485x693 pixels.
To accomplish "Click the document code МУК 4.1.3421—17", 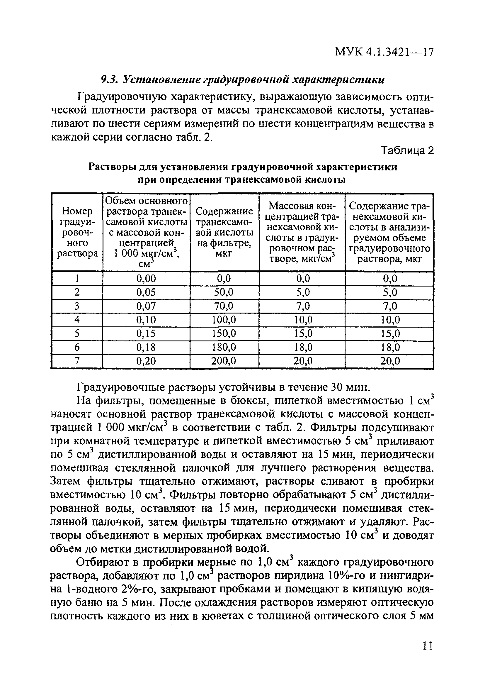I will (384, 52).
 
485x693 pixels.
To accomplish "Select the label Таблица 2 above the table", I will (407, 150).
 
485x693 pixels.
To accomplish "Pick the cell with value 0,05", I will (146, 292).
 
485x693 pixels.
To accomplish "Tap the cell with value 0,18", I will (146, 347).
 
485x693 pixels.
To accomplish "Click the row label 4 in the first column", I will (77, 319).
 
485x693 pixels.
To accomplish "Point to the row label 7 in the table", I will (77, 361).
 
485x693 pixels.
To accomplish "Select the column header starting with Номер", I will (77, 232).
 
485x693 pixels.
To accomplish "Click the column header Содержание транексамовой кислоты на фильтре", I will (224, 232).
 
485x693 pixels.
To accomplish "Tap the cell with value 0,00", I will (146, 278).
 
